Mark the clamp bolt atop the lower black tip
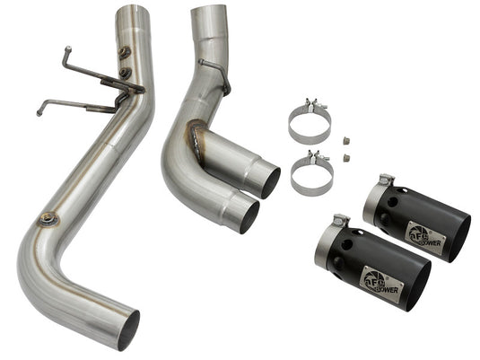[x=340, y=220]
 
